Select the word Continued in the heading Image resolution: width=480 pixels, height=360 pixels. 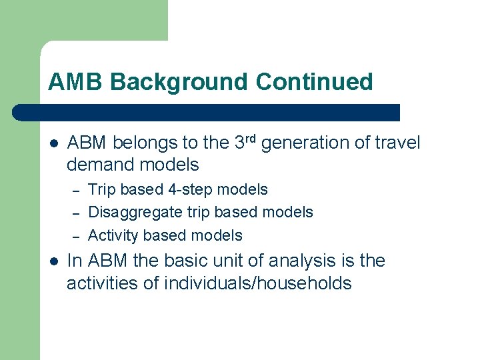(x=314, y=82)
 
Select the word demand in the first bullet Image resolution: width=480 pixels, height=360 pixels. (x=98, y=164)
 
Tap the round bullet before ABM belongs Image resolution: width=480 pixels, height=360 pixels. (x=54, y=143)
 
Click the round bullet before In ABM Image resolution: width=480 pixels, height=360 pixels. (x=54, y=261)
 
